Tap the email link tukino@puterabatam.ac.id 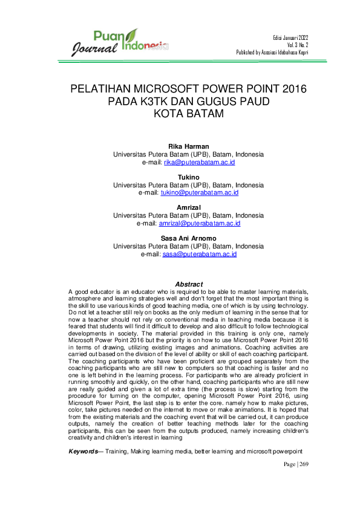tap(199, 193)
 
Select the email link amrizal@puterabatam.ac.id tap(199, 223)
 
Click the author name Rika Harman tap(188, 147)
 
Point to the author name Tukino tap(188, 177)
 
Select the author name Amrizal tap(188, 207)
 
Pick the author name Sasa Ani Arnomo tap(188, 238)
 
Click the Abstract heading tap(188, 284)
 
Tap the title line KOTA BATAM tap(188, 114)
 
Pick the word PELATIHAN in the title tap(105, 89)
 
